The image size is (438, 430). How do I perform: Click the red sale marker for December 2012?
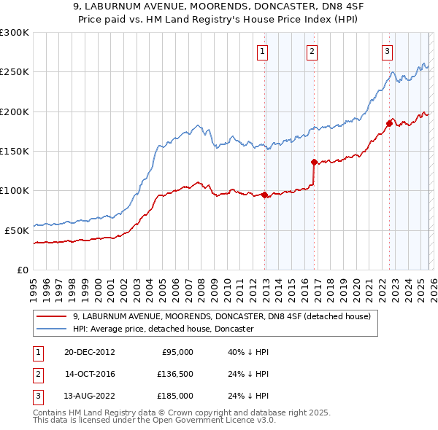tap(264, 195)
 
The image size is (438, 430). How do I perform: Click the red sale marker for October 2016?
tap(314, 162)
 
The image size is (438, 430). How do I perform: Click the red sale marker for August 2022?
tap(389, 123)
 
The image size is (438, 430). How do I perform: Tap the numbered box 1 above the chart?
tap(262, 51)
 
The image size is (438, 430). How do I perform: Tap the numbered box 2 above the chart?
tap(312, 51)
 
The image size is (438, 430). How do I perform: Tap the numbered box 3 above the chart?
tap(387, 51)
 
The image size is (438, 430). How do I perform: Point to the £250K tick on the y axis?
tap(15, 72)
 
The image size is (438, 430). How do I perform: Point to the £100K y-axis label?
tap(15, 190)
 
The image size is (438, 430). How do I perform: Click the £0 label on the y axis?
tap(22, 270)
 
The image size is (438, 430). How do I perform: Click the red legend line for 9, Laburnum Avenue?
tap(52, 316)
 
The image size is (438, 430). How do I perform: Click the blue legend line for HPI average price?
tap(52, 329)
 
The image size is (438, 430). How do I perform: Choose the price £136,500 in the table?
tap(175, 374)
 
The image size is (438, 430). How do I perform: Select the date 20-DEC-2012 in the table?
tap(90, 352)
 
